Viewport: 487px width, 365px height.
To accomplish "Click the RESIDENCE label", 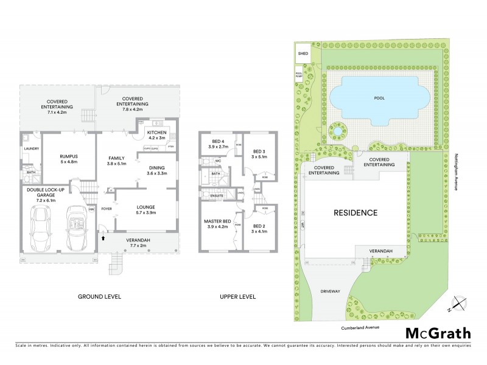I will (x=355, y=213).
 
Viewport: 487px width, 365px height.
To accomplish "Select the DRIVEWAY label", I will (x=332, y=292).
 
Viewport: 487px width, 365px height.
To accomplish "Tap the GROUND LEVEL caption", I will (x=99, y=297).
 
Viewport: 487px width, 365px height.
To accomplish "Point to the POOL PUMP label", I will (x=299, y=75).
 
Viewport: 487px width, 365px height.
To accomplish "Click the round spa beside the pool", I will (x=337, y=130).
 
